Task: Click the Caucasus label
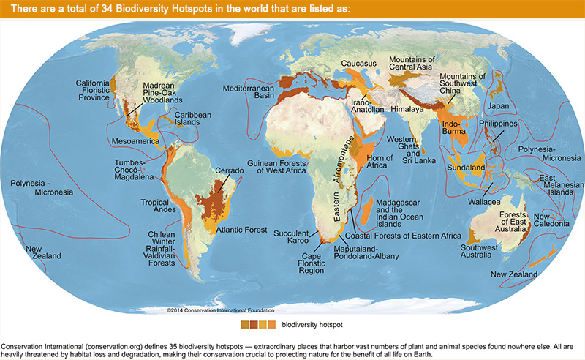[358, 64]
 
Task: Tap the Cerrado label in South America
[229, 171]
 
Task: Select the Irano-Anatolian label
[367, 105]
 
